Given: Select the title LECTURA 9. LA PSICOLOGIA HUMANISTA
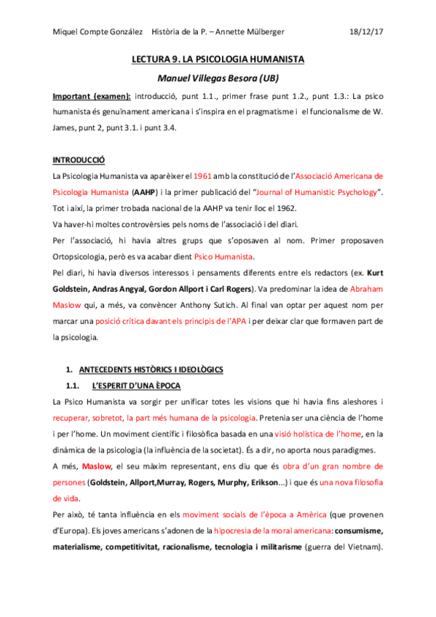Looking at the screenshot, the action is (218, 59).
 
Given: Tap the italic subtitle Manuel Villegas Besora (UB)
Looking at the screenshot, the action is (218, 78).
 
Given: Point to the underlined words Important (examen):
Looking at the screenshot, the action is (92, 96).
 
